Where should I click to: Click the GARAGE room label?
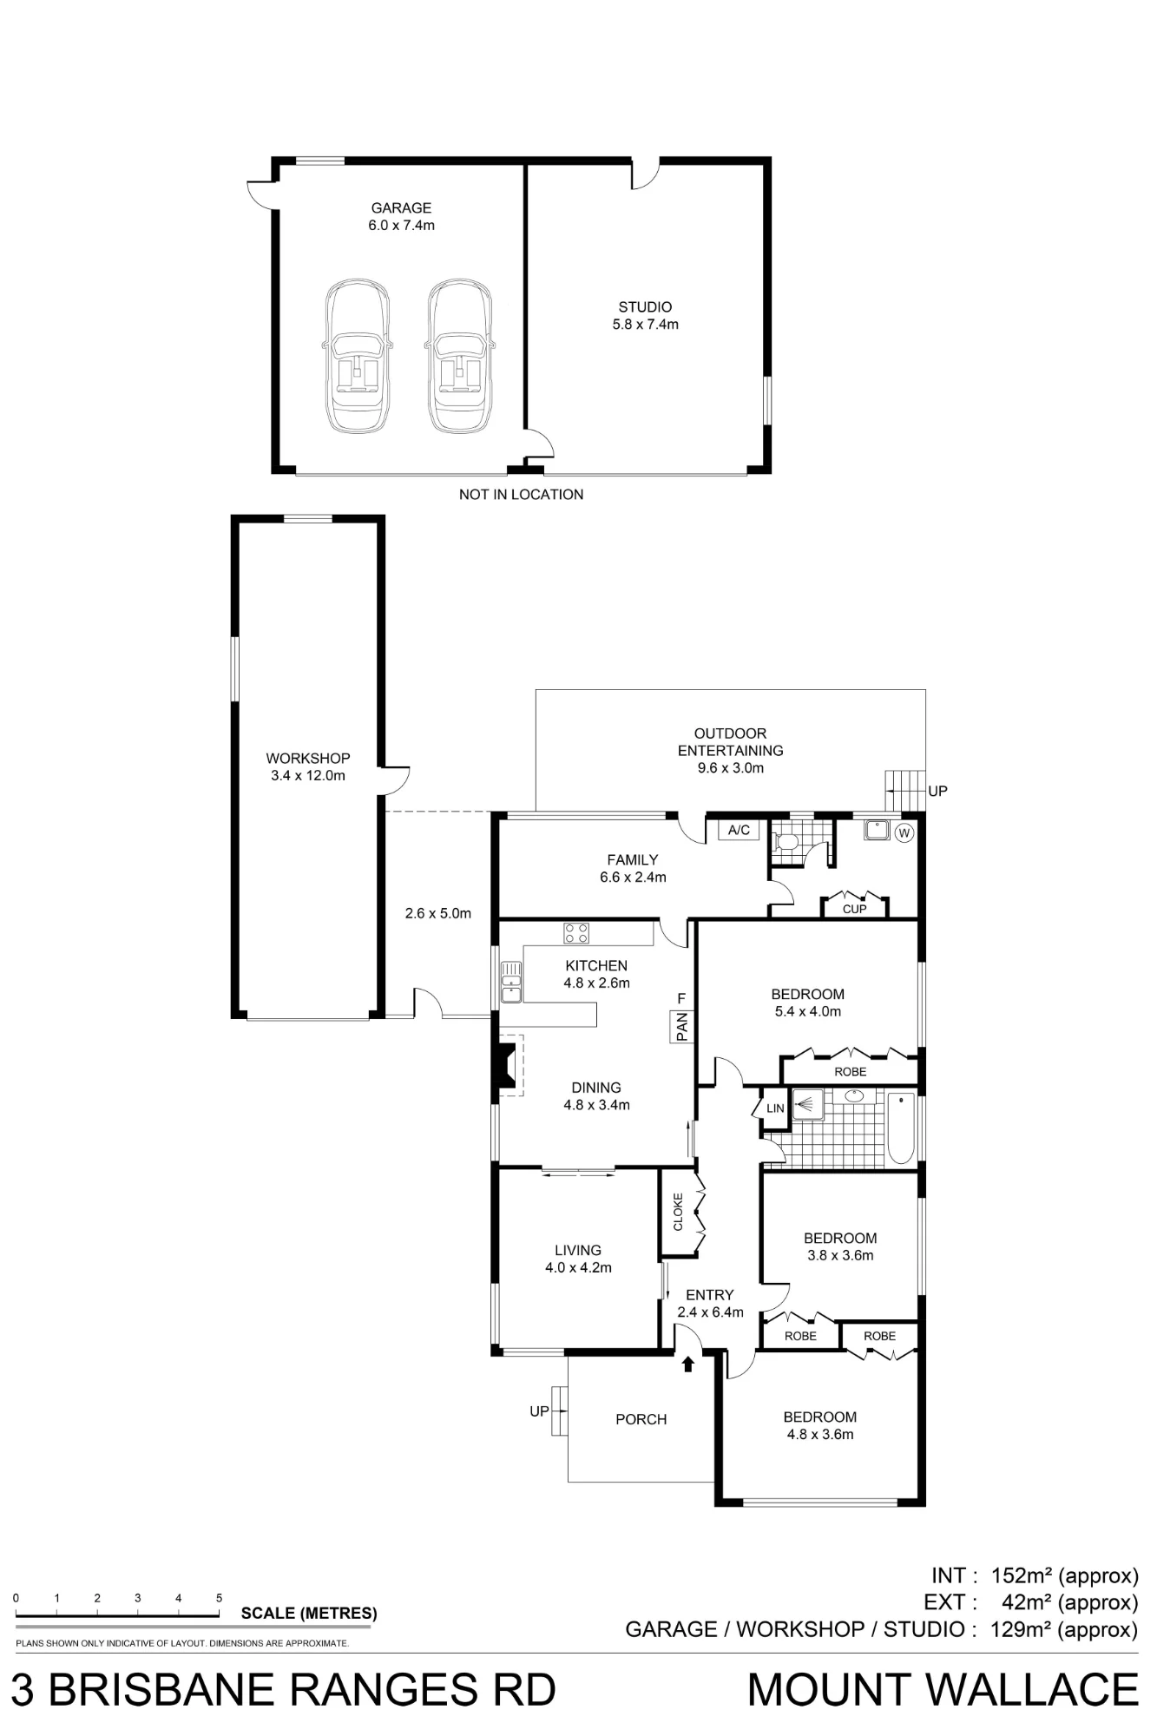(401, 208)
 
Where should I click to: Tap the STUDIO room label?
(645, 307)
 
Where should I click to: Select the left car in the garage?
(358, 356)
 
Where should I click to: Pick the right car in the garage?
(459, 356)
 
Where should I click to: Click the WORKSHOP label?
(308, 759)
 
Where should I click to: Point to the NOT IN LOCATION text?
(521, 495)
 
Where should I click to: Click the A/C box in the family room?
(739, 831)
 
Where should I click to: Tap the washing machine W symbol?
(904, 833)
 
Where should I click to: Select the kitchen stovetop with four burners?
(576, 933)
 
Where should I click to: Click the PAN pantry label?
(681, 1027)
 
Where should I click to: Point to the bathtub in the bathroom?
(901, 1128)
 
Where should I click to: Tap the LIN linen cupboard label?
(775, 1108)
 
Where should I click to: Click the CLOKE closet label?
(678, 1212)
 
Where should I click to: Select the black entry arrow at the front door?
(688, 1364)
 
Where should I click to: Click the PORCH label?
(641, 1420)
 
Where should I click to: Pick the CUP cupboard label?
(854, 909)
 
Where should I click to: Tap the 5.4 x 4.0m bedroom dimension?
(807, 1011)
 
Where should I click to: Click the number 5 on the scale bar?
(219, 1598)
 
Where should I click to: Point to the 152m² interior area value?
(1026, 1575)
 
